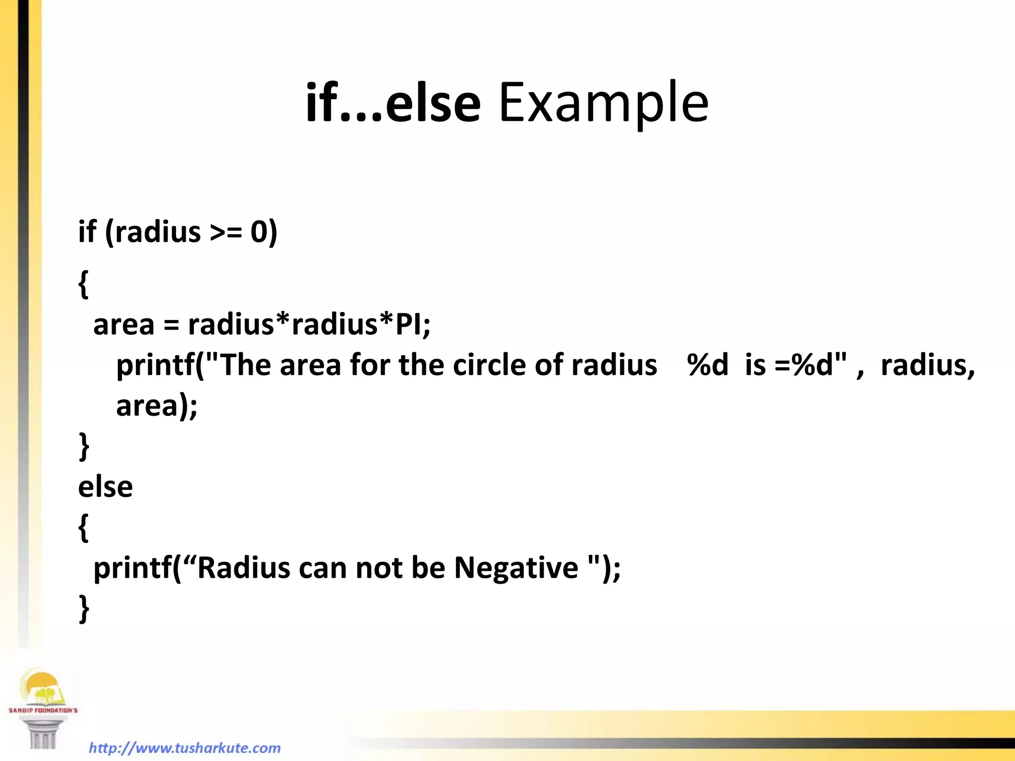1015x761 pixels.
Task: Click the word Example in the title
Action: (x=604, y=103)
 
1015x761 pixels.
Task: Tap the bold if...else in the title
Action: (x=393, y=103)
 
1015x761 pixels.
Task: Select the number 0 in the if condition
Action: (x=259, y=232)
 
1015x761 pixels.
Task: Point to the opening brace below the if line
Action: (x=83, y=284)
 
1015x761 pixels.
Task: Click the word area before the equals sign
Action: (x=124, y=325)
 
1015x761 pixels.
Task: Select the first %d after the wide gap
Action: (x=707, y=365)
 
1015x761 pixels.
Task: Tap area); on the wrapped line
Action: (x=157, y=406)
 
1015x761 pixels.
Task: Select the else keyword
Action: (x=106, y=487)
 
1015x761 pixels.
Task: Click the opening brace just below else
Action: (x=83, y=528)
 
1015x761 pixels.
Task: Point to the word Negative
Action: (x=516, y=568)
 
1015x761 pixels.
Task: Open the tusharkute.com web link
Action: (x=185, y=748)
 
